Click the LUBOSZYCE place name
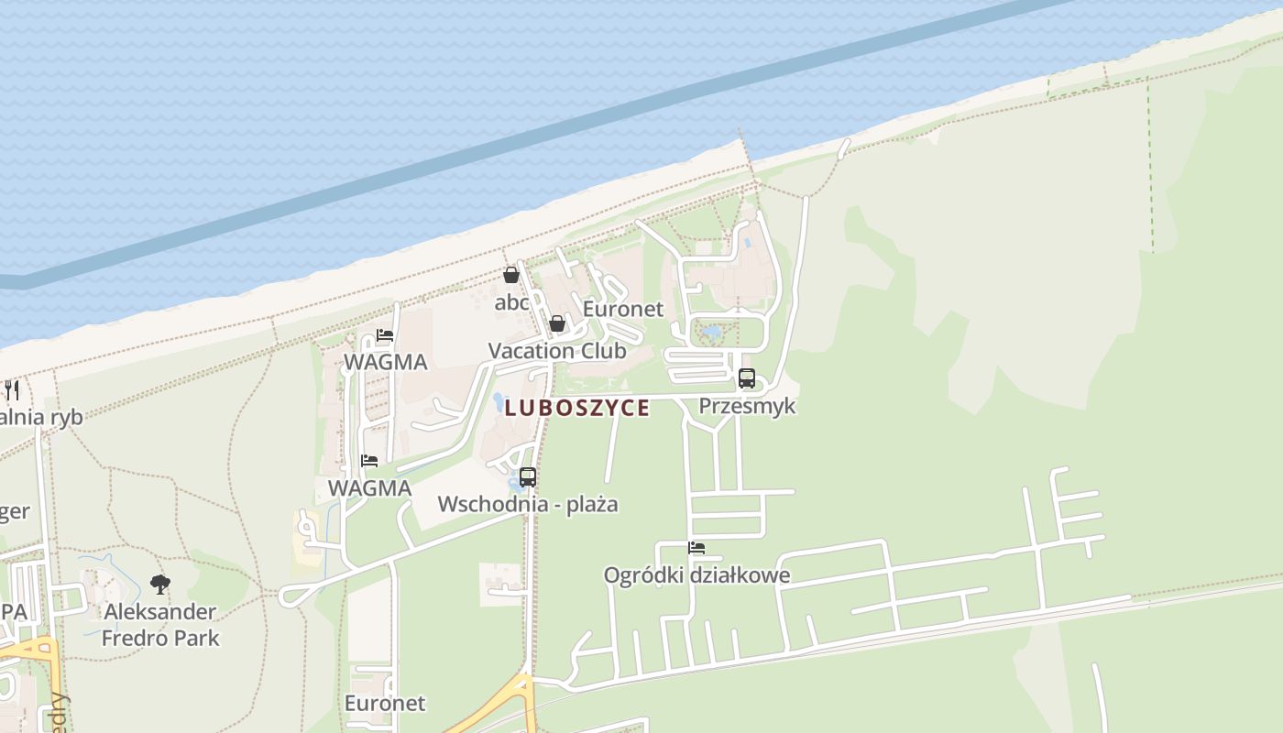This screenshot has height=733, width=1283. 577,408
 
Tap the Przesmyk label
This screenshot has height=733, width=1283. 747,405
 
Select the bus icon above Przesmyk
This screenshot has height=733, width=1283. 747,377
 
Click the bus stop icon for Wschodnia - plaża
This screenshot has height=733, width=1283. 527,476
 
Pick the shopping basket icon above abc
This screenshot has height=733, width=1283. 511,274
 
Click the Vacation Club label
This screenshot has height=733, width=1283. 557,350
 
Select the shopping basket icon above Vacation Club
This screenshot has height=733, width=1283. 556,323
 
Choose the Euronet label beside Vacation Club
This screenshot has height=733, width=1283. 623,309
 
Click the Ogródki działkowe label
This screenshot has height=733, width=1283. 696,575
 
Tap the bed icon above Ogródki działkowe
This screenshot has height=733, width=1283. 696,548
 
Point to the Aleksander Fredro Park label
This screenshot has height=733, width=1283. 160,624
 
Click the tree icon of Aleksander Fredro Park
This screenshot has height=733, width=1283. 160,584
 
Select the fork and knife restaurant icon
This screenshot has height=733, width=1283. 12,389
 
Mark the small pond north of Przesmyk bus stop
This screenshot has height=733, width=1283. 711,333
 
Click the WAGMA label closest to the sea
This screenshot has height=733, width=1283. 385,362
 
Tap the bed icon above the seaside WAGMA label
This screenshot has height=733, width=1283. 385,335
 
